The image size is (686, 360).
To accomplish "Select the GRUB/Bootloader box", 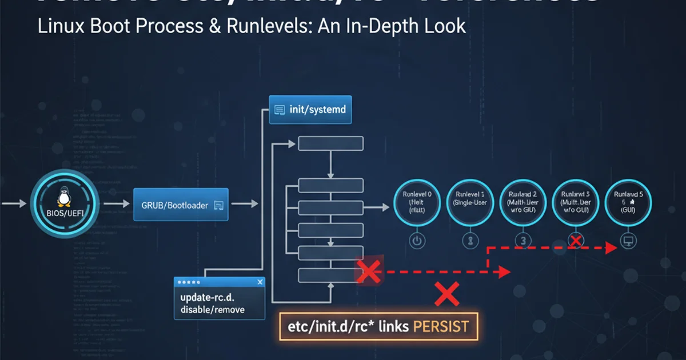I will (181, 205).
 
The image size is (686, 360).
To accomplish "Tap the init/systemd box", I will (310, 109).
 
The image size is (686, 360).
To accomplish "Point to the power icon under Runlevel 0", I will (417, 241).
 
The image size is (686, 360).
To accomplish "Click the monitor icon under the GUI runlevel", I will (628, 241).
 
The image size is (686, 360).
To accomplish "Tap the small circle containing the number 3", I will (522, 241).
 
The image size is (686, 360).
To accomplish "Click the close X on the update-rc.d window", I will (260, 282).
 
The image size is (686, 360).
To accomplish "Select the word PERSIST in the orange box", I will (440, 327).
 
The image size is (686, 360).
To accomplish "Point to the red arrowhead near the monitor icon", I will (611, 247).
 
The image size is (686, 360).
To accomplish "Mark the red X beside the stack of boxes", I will (369, 271).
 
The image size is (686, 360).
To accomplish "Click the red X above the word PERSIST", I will (447, 294).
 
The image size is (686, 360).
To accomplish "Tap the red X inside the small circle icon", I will (576, 241).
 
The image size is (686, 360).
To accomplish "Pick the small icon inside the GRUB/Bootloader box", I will (218, 205).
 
